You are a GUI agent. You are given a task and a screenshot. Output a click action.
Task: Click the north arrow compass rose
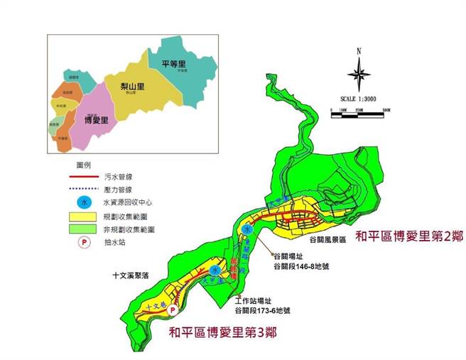click(x=359, y=72)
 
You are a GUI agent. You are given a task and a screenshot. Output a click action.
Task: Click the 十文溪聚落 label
click(x=134, y=275)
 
